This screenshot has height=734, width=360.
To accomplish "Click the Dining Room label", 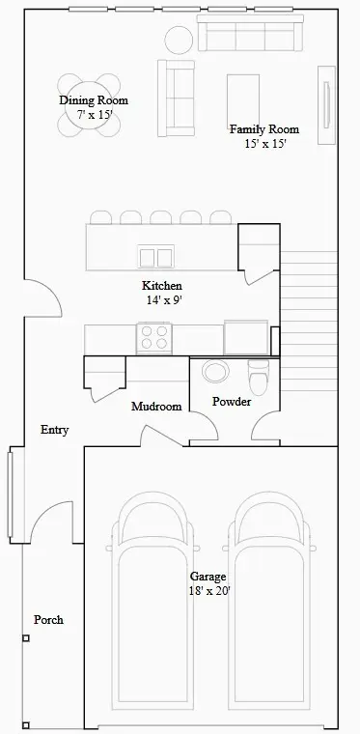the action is [94, 100].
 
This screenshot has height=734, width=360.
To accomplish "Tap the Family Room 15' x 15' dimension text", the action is [264, 144].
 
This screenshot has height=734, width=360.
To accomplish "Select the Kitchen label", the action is [162, 286].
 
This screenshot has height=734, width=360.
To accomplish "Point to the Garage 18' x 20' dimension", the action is [209, 591].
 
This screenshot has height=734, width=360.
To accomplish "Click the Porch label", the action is [48, 620].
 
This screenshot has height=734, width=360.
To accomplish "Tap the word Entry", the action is [55, 430].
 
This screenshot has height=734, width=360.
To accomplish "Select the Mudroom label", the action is [156, 407].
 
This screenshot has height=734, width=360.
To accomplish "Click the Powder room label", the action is [232, 402].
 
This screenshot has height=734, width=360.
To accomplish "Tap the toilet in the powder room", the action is [259, 377].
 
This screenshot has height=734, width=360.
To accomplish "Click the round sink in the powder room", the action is [216, 371].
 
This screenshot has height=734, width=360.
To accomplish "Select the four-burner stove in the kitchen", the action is [154, 338].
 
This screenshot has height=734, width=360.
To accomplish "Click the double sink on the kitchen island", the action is [156, 258].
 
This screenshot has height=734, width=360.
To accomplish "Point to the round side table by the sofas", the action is [179, 40].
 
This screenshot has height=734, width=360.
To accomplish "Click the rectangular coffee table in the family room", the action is [243, 100].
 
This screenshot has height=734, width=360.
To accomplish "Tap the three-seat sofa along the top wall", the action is [251, 33].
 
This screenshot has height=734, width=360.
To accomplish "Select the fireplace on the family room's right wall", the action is [327, 105].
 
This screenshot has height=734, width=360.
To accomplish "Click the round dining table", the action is [89, 105].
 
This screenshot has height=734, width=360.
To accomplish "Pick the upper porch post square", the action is [26, 638].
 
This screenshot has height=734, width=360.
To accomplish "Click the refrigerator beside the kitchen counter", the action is [246, 337].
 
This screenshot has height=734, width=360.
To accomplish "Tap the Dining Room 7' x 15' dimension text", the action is [96, 115].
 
